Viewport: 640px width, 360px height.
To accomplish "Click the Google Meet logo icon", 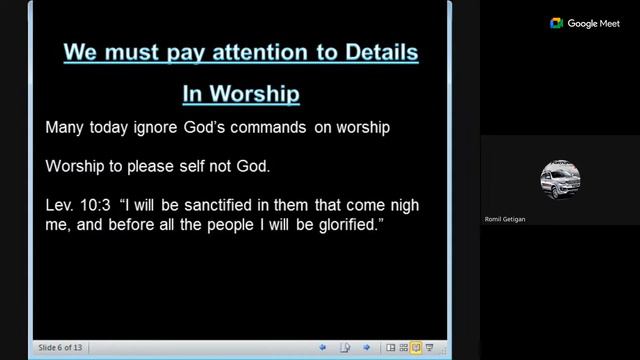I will (556, 23).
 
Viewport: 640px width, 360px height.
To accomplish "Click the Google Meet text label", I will (596, 23).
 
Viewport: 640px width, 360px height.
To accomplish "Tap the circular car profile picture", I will (559, 180).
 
